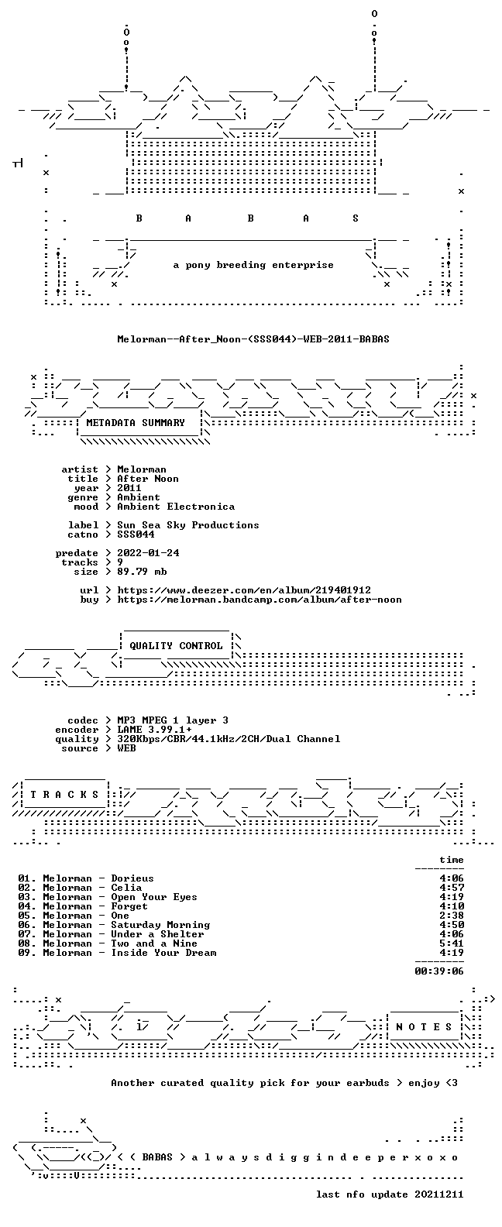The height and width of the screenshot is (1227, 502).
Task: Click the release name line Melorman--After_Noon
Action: click(x=253, y=339)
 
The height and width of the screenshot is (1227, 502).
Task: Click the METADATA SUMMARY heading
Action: click(x=136, y=422)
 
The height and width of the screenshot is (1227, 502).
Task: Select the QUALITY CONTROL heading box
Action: click(x=176, y=646)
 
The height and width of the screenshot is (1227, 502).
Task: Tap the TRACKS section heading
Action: click(x=64, y=795)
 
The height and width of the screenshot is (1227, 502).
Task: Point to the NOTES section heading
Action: click(x=424, y=1027)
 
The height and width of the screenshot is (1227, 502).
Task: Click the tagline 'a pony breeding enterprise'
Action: click(x=253, y=265)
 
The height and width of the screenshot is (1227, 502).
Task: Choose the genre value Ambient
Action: click(x=139, y=497)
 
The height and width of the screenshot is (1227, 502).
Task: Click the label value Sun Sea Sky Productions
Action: click(x=188, y=525)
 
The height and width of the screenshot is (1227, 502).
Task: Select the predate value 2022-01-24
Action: click(x=148, y=553)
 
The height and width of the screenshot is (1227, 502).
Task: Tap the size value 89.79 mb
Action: click(x=142, y=572)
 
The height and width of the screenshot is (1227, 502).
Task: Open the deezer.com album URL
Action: click(x=244, y=590)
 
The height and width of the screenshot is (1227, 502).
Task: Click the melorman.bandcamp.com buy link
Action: click(x=260, y=600)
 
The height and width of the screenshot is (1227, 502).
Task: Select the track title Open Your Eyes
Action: click(x=154, y=897)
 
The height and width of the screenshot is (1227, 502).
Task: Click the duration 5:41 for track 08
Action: click(x=452, y=943)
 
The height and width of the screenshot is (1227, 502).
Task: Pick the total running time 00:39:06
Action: click(x=439, y=971)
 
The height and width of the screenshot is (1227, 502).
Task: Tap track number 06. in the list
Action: click(x=27, y=925)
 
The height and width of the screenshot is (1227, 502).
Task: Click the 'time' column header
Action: click(x=452, y=860)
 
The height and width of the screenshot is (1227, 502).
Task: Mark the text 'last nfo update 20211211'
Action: click(x=390, y=1194)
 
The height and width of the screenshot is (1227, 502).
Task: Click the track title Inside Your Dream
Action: click(x=163, y=953)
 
